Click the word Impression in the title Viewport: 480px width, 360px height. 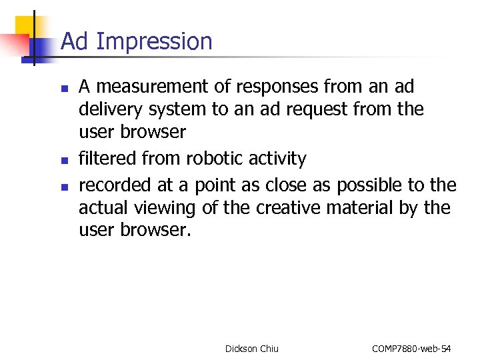[154, 42]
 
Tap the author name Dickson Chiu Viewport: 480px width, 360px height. [252, 349]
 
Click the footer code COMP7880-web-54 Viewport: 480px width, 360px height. [411, 349]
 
